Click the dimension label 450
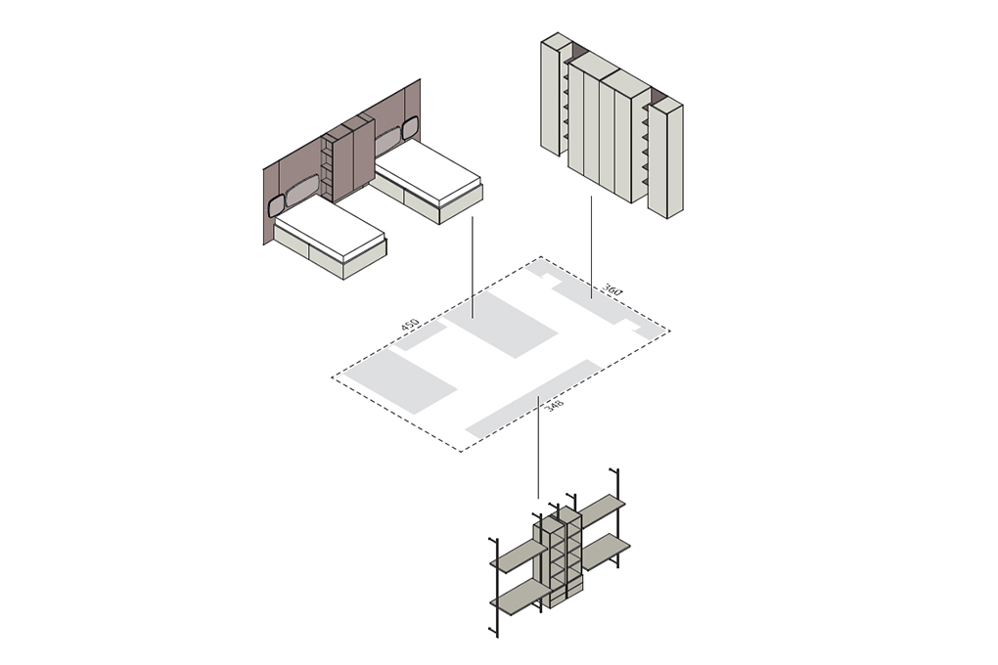[409, 326]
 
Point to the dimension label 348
[553, 406]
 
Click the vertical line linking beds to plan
[473, 267]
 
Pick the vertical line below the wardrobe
[591, 246]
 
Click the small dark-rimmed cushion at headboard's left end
[277, 205]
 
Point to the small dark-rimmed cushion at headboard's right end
[409, 128]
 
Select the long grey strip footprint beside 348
[532, 398]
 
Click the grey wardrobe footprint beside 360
[593, 296]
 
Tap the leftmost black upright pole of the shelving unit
[494, 588]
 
